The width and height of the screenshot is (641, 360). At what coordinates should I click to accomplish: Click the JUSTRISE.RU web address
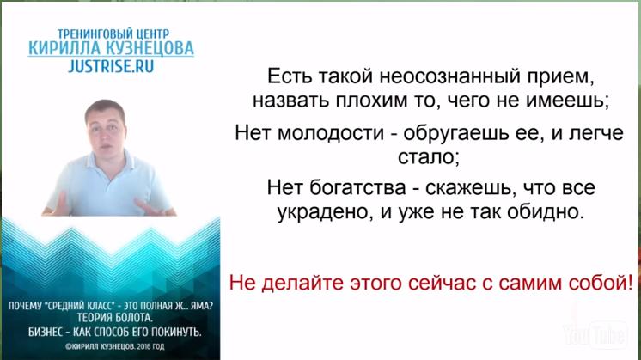[x=111, y=66]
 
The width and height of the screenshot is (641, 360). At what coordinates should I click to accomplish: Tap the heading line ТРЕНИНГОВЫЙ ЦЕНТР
[x=113, y=34]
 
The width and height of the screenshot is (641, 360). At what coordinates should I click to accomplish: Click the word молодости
[x=331, y=133]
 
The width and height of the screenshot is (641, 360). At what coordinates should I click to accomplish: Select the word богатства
[x=357, y=188]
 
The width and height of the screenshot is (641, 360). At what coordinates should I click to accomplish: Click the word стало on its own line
[x=429, y=157]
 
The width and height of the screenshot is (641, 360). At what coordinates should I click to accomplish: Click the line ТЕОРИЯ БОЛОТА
[x=114, y=318]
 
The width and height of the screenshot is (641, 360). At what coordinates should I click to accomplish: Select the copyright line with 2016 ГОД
[x=114, y=346]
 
